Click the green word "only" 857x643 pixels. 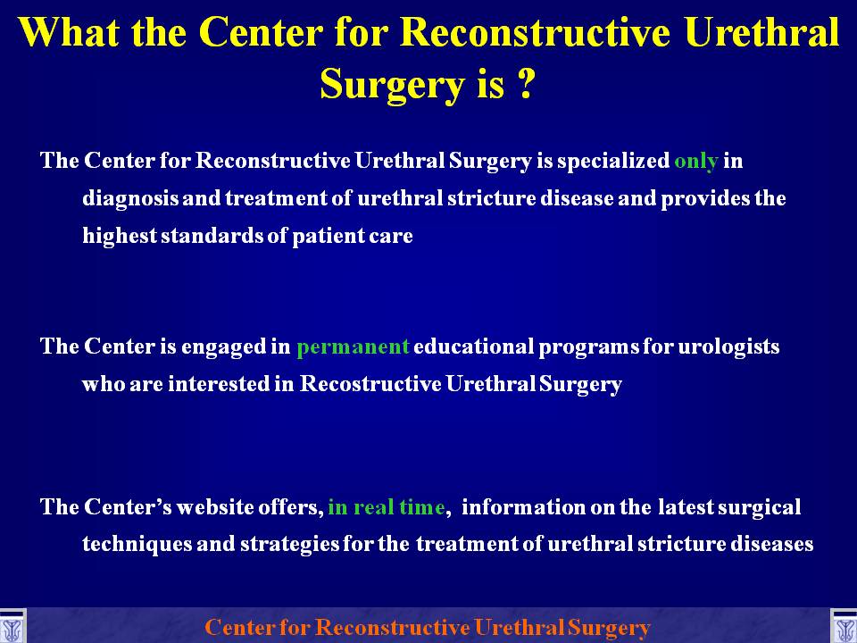695,162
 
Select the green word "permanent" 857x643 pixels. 353,347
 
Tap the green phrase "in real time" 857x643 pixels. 387,507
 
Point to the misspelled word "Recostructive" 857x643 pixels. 370,383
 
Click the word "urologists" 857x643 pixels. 728,347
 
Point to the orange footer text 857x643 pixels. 428,627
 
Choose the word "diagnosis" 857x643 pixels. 130,198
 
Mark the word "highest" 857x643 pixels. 120,236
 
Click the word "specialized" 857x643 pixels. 613,162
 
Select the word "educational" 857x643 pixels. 473,347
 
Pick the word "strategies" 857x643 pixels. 289,544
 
